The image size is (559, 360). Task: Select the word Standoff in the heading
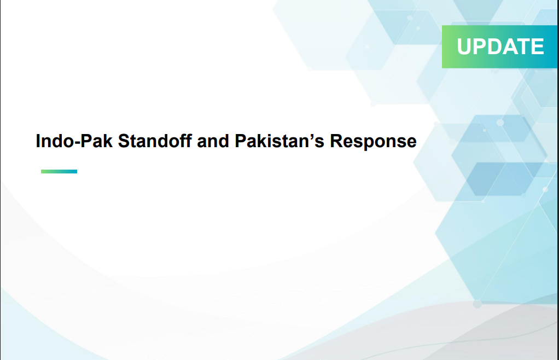pyautogui.click(x=155, y=141)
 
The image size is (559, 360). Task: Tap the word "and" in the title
pyautogui.click(x=213, y=141)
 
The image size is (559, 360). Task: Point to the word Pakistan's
pyautogui.click(x=279, y=141)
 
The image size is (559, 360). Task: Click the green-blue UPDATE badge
pyautogui.click(x=499, y=47)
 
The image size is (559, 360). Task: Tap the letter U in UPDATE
pyautogui.click(x=464, y=47)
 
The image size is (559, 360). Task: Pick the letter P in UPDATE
pyautogui.click(x=481, y=47)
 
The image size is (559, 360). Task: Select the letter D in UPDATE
pyautogui.click(x=496, y=47)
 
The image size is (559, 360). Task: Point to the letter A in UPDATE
pyautogui.click(x=512, y=47)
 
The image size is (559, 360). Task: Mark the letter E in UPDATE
pyautogui.click(x=538, y=47)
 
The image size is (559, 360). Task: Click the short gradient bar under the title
pyautogui.click(x=59, y=171)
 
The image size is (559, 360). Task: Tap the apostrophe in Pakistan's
pyautogui.click(x=307, y=136)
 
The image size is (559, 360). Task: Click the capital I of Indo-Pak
pyautogui.click(x=37, y=141)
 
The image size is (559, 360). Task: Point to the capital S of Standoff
pyautogui.click(x=124, y=141)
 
